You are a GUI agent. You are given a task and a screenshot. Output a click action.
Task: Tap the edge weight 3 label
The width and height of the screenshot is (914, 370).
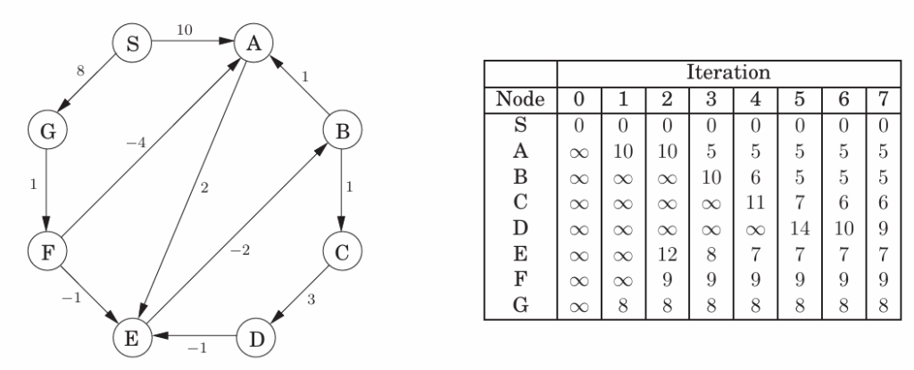pos(311,300)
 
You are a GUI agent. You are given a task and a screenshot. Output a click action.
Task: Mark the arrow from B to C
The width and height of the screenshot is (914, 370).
pos(343,191)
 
